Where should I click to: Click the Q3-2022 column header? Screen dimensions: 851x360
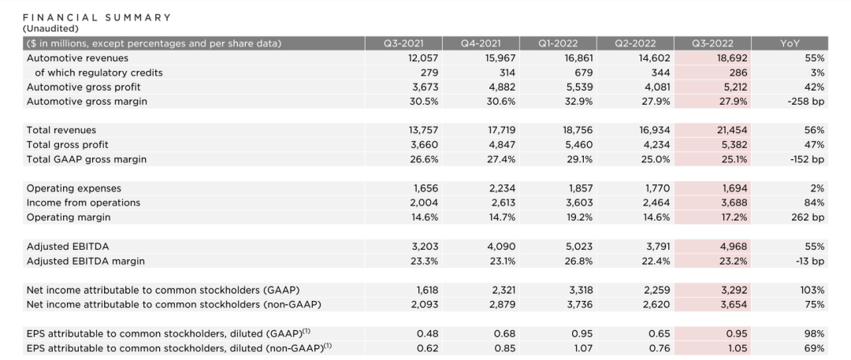click(712, 43)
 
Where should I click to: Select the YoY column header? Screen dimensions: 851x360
click(790, 43)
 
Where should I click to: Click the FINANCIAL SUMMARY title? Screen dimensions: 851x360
click(97, 17)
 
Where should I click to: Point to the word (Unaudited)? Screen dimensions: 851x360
click(50, 28)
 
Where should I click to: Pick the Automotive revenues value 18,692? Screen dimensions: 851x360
click(731, 58)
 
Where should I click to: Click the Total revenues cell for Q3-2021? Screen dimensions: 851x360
click(422, 130)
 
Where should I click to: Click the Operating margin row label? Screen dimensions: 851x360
click(69, 217)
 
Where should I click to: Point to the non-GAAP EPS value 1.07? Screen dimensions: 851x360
click(583, 348)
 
